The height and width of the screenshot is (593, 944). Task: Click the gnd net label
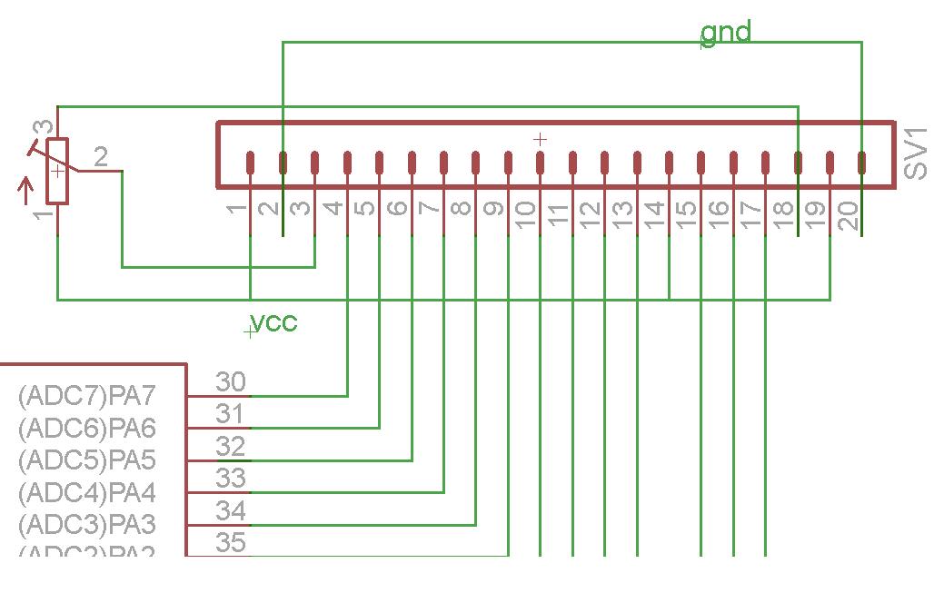(726, 33)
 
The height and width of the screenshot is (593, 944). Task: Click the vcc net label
(273, 321)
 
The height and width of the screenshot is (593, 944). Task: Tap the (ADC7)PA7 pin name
(86, 396)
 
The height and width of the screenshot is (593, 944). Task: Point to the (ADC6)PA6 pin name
(86, 428)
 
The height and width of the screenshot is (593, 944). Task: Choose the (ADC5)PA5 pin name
(86, 460)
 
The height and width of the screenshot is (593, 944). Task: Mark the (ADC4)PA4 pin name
(86, 493)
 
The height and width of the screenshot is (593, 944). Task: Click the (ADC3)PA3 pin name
(86, 525)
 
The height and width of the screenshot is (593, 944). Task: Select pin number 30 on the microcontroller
(231, 381)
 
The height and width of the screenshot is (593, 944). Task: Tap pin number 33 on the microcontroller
(231, 478)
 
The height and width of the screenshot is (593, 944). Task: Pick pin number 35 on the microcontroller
(231, 543)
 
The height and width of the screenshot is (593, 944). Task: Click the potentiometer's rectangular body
(58, 171)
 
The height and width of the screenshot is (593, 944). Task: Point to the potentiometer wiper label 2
(101, 157)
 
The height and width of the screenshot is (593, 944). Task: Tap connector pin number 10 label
(526, 214)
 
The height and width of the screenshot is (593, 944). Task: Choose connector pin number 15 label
(687, 214)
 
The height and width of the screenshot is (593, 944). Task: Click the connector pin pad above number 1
(251, 163)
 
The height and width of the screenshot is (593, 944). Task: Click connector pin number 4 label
(333, 208)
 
